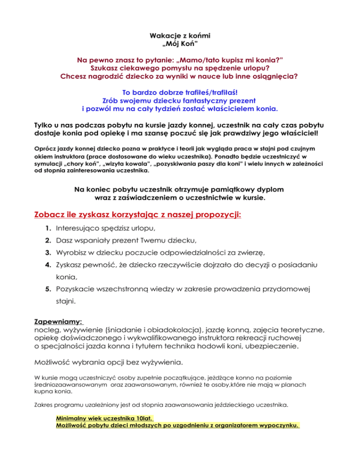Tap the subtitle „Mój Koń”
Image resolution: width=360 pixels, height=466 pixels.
point(180,45)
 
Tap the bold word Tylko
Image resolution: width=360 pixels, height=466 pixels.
point(45,125)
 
